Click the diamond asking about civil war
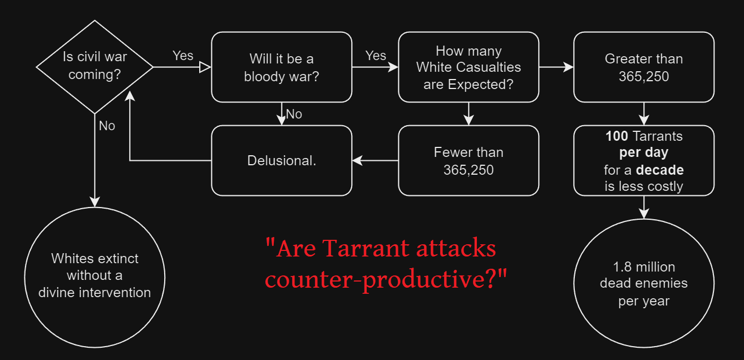(x=95, y=67)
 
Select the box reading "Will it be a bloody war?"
(x=282, y=67)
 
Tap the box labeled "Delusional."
(x=282, y=160)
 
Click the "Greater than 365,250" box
(x=644, y=67)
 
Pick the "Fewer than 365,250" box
(x=469, y=160)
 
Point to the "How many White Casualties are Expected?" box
(x=469, y=67)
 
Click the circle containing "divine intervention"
(x=95, y=276)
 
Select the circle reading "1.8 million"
(x=644, y=284)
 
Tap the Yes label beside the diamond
(x=183, y=56)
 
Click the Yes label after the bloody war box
(x=376, y=56)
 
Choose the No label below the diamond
(x=107, y=126)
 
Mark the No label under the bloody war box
(x=294, y=115)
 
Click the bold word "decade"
(x=660, y=170)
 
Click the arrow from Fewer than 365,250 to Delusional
(x=376, y=160)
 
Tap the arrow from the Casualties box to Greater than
(x=556, y=67)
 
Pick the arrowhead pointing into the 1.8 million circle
(x=644, y=214)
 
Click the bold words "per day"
(x=644, y=152)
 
